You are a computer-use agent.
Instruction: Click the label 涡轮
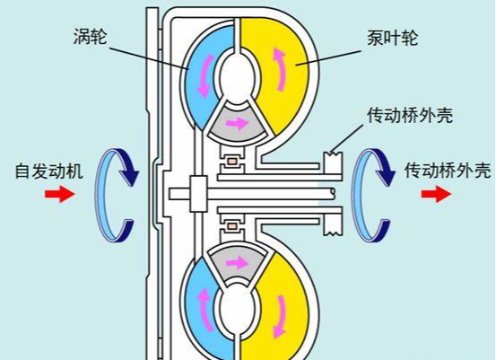coord(91,36)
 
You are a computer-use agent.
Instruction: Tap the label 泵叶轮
coord(392,38)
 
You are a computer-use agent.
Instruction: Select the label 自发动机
coord(49,171)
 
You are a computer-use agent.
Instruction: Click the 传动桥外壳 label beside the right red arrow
coord(448,171)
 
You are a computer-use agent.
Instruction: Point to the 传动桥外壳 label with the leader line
coord(410,115)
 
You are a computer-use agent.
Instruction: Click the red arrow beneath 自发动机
coord(60,194)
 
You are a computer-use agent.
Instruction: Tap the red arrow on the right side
coord(436,194)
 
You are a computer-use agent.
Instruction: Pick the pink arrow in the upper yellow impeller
coord(280,69)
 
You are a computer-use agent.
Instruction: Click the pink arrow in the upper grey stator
coord(237,123)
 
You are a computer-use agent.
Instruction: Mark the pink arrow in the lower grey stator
coord(237,262)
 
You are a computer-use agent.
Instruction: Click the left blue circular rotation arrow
coord(100,196)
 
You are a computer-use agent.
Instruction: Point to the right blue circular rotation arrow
coord(358,196)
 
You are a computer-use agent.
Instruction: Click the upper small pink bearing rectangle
coord(233,162)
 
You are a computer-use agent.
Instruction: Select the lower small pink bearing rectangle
coord(233,226)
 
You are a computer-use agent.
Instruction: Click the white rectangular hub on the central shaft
coord(198,194)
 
